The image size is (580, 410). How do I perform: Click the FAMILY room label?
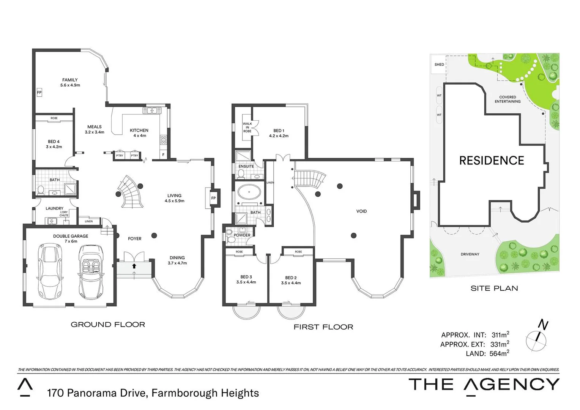[70, 82]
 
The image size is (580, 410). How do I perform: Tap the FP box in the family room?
[39, 93]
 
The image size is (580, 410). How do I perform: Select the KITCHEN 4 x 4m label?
[139, 133]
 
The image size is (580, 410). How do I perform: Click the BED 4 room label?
[54, 144]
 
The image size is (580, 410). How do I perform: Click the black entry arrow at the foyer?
[134, 266]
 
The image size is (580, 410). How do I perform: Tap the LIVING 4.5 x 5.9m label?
[174, 198]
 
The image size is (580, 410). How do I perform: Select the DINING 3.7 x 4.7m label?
[177, 260]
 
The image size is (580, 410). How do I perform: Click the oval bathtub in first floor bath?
[249, 192]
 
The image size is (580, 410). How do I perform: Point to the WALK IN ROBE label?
[247, 127]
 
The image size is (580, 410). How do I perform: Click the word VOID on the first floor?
[361, 211]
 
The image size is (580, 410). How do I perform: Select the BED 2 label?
[291, 280]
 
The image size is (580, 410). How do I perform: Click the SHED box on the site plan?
[439, 65]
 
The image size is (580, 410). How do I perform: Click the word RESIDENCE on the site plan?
[492, 161]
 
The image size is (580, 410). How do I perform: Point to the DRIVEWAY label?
[470, 254]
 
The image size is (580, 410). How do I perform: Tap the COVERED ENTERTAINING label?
[507, 99]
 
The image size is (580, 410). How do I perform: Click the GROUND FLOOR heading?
[108, 325]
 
